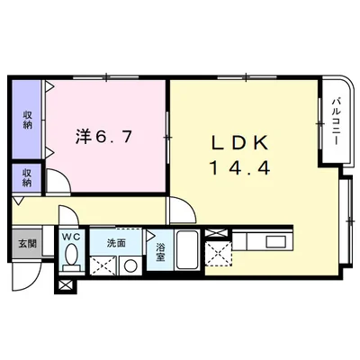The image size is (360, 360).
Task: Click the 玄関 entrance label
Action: (25, 243)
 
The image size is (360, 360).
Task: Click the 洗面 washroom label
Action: (116, 243)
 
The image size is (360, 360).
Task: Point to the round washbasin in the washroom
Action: (130, 265)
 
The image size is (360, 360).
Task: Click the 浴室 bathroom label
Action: (159, 252)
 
